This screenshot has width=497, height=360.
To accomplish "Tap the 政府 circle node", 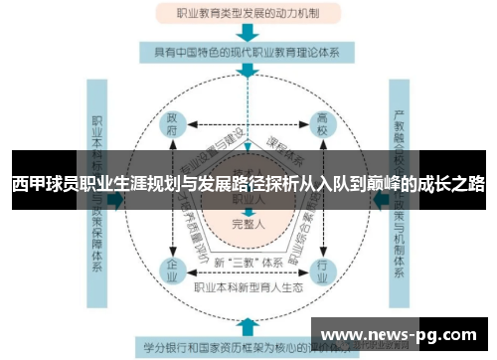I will (x=174, y=128).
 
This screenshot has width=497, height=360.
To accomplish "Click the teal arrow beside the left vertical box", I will (x=117, y=199).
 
